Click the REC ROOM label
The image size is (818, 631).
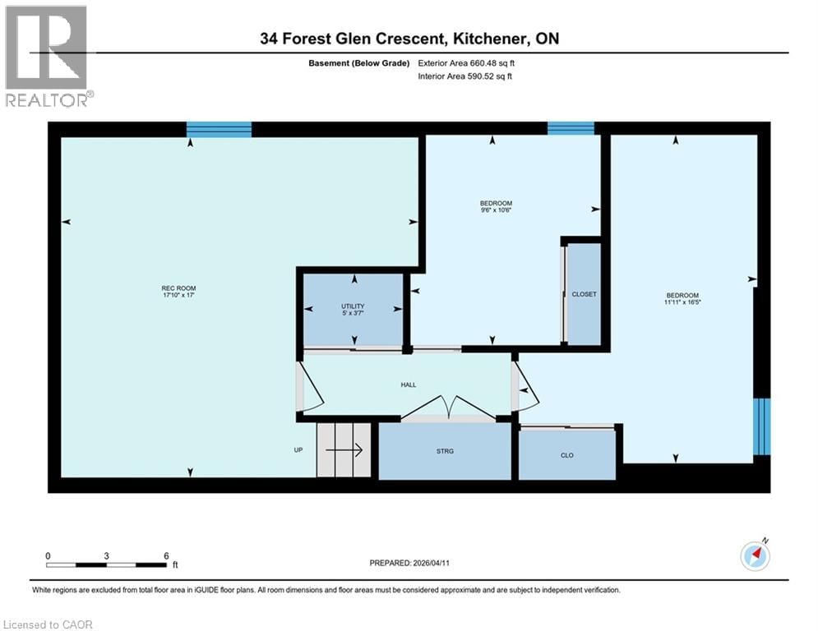point(178,288)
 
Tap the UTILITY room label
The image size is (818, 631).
point(353,306)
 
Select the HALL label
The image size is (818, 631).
point(409,384)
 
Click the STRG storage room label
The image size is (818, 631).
point(445,451)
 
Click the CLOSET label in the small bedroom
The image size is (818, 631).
point(584,294)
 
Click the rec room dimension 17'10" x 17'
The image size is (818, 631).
point(178,295)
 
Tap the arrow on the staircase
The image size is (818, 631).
point(349,449)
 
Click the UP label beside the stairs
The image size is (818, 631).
point(299,450)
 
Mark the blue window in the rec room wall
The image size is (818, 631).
point(219,129)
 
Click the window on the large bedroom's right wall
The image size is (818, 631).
point(762,426)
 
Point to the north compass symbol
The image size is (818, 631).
point(755,556)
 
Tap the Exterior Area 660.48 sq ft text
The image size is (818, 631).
point(466,63)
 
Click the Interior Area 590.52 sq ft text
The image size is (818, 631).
point(466,76)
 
